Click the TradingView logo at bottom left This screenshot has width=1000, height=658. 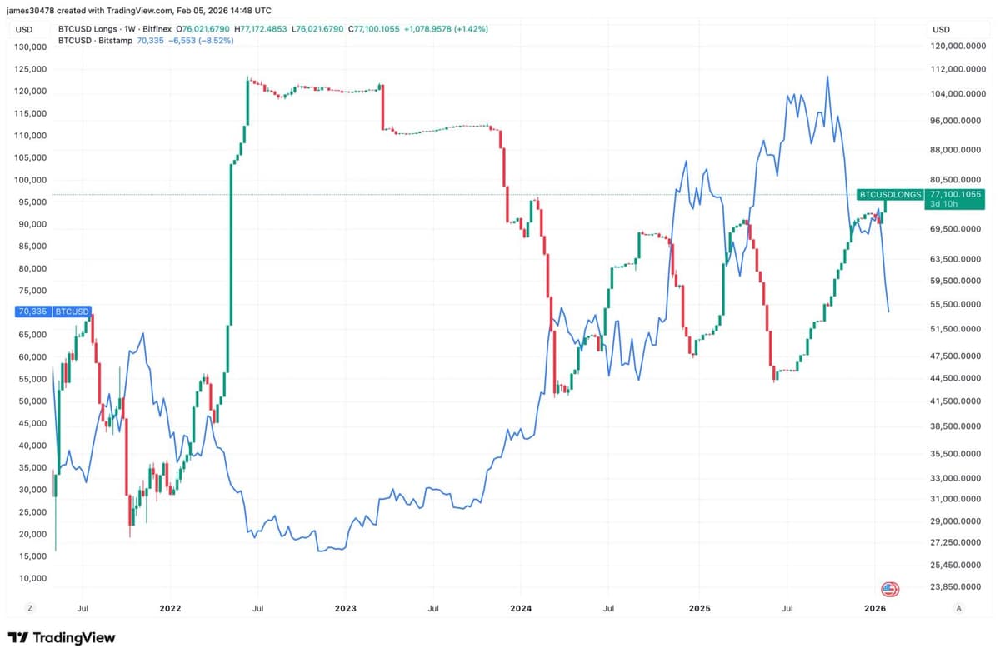pos(61,638)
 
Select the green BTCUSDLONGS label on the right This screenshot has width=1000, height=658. pos(890,194)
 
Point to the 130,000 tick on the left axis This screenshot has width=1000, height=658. pos(31,47)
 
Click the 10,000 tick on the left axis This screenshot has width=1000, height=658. pos(33,578)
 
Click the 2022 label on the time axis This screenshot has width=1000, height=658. pos(170,609)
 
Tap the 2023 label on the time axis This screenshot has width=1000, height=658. pos(345,609)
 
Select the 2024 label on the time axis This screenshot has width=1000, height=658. pos(521,609)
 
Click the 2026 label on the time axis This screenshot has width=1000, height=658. pos(874,609)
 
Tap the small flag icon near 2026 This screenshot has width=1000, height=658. pos(890,590)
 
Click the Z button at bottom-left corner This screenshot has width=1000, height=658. pos(30,609)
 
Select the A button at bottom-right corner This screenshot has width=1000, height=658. pos(959,609)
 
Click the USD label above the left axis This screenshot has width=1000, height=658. pos(24,29)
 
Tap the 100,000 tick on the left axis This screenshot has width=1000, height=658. pos(31,180)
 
